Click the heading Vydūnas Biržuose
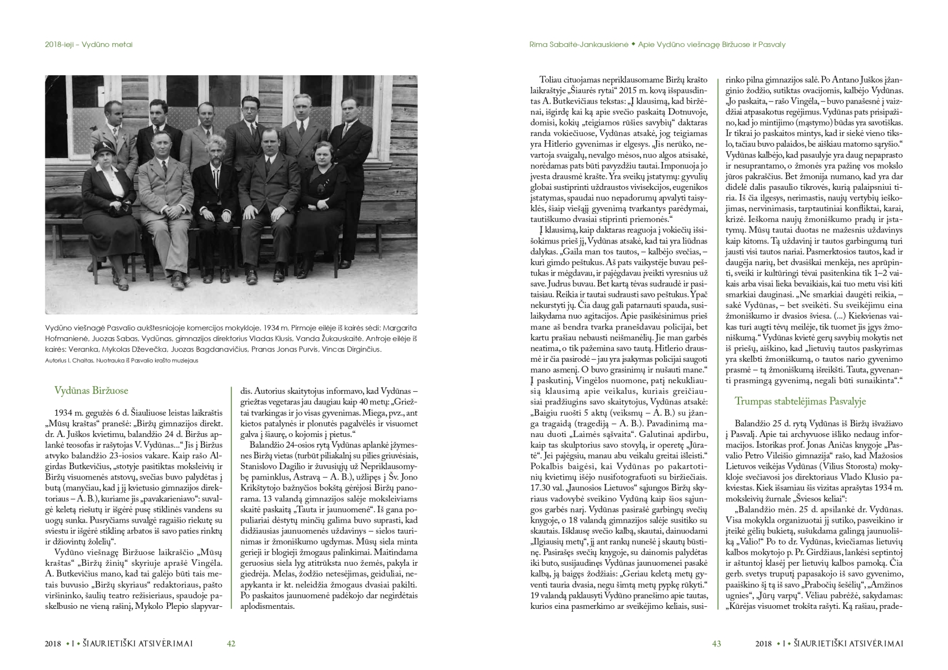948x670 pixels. pos(91,391)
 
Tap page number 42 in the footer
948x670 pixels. pos(231,644)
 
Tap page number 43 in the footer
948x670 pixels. pos(717,644)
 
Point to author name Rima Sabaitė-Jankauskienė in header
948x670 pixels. pos(579,45)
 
